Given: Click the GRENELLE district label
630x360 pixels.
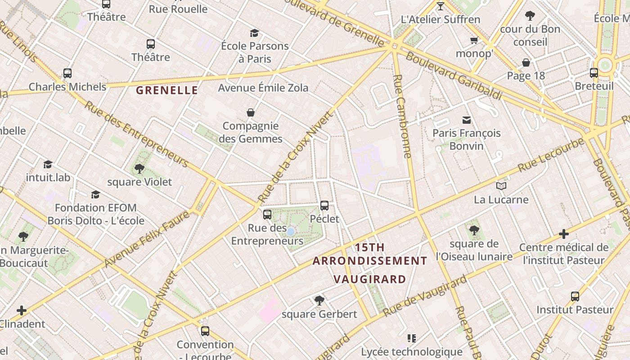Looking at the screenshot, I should [167, 90].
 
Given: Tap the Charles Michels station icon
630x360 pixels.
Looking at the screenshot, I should [67, 73].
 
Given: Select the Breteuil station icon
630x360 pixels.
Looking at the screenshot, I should [594, 72].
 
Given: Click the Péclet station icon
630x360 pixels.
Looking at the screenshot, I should [324, 206].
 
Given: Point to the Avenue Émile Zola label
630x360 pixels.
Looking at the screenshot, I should [263, 88].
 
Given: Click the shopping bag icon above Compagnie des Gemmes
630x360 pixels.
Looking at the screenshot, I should [251, 112].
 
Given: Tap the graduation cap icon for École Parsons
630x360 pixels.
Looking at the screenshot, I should [255, 33].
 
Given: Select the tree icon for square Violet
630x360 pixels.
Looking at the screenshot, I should [139, 169].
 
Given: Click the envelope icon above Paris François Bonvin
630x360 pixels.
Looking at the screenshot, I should [467, 120].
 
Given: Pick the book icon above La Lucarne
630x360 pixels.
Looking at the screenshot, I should [501, 186].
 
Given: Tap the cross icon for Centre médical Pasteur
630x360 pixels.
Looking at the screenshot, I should [564, 234].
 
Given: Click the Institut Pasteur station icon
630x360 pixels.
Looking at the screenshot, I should [575, 296].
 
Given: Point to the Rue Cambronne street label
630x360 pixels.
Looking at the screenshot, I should [402, 116].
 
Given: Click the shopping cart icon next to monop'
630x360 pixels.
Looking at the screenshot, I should [474, 41].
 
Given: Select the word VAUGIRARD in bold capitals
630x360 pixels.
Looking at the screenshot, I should [370, 279].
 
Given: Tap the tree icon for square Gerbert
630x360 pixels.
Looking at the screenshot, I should [319, 300].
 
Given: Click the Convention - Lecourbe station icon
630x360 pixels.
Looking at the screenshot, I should [205, 331].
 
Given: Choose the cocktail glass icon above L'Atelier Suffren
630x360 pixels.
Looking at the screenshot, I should [441, 6].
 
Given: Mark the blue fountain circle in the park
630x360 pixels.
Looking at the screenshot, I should [291, 232].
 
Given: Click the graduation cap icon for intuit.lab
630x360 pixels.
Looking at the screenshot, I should [48, 164].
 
